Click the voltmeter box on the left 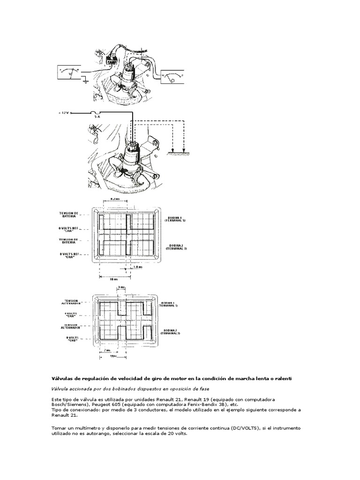71,74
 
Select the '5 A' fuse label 97,118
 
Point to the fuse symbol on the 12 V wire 97,112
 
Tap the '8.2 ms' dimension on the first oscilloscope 114,199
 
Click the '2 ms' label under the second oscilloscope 107,350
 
